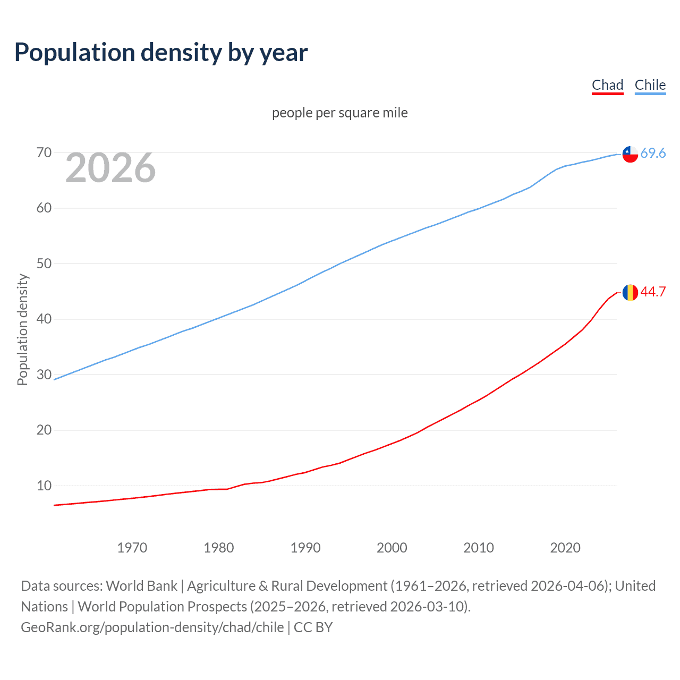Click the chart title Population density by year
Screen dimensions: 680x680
click(x=161, y=53)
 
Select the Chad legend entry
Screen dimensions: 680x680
click(x=607, y=85)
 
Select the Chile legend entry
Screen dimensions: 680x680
click(x=650, y=85)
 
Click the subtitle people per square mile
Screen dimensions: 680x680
click(x=339, y=113)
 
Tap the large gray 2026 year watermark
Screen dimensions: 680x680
click(x=110, y=168)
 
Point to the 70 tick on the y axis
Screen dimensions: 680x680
click(x=44, y=153)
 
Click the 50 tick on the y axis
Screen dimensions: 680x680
click(x=44, y=263)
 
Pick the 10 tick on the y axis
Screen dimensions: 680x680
click(x=44, y=486)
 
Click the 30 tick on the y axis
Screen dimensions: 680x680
click(x=44, y=375)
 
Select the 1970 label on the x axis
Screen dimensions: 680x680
click(x=132, y=548)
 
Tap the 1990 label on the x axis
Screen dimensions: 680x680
click(x=305, y=548)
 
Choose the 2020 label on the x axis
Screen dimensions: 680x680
click(x=565, y=548)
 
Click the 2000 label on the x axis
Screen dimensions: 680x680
click(x=392, y=548)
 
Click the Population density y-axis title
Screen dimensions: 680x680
click(x=22, y=329)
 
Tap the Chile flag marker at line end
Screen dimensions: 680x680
click(x=630, y=154)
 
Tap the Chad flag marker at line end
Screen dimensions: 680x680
click(x=630, y=292)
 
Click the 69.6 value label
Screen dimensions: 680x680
click(x=653, y=154)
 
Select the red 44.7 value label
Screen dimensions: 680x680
click(x=653, y=292)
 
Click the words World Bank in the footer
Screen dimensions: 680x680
click(x=141, y=586)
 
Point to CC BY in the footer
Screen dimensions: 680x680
click(x=313, y=627)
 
